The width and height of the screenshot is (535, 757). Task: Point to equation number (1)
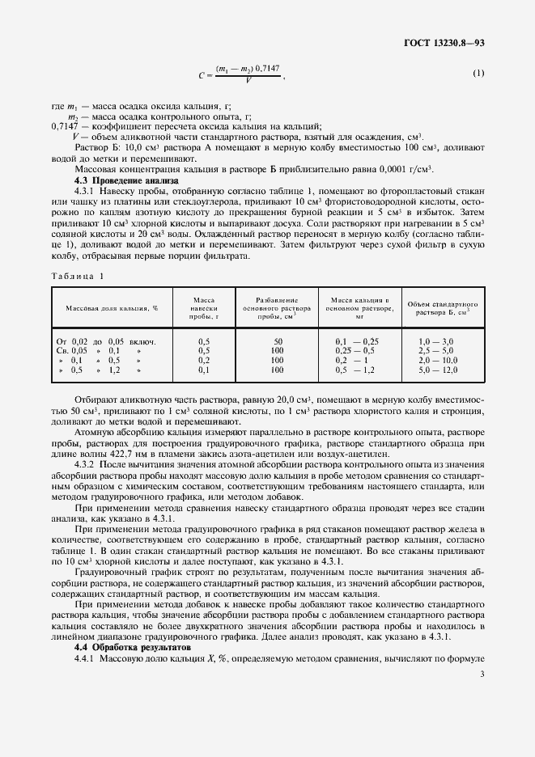(478, 74)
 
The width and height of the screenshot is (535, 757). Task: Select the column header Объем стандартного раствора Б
(442, 308)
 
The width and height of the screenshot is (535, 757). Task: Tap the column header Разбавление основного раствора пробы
(277, 308)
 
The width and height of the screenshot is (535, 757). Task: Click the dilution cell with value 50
(278, 341)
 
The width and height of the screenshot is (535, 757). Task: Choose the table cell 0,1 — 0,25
(357, 341)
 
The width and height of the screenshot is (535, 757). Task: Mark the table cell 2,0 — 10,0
(438, 360)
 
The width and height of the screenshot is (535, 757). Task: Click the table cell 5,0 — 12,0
(438, 370)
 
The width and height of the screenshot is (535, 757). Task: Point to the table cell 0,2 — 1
(353, 360)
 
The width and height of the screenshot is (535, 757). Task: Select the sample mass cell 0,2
(204, 360)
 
